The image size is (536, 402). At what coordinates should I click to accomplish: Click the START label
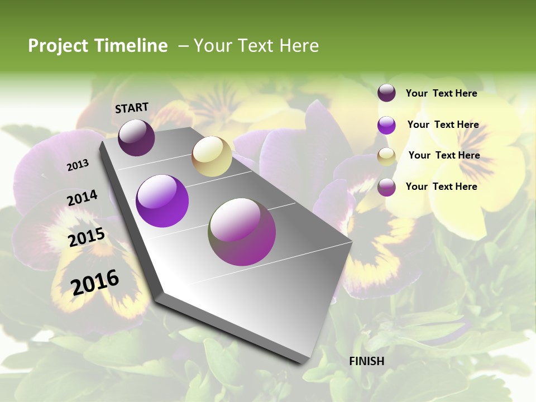pos(132,108)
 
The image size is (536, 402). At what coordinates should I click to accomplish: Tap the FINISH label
pos(367,361)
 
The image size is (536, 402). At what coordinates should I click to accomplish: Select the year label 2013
pos(78,165)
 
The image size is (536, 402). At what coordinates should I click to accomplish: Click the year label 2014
pos(83,198)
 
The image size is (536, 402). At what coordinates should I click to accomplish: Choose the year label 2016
pos(95,282)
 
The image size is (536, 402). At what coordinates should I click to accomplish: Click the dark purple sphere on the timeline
pos(136,137)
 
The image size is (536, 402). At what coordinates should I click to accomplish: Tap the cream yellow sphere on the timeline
pos(212,156)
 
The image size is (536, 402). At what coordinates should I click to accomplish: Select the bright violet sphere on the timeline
pos(162,201)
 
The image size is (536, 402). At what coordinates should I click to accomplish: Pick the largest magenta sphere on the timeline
pos(242,232)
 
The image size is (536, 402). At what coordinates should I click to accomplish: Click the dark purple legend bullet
pos(386,93)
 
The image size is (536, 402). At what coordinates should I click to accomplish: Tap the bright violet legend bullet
pos(386,125)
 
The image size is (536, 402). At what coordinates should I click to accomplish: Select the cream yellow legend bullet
pos(386,156)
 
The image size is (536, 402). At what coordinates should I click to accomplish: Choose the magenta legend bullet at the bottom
pos(386,187)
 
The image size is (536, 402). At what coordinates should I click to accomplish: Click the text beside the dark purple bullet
pos(441,93)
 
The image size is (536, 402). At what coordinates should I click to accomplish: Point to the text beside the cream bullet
pos(444,155)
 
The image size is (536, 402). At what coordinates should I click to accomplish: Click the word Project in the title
pos(59,46)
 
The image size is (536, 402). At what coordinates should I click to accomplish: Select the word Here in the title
pos(299,46)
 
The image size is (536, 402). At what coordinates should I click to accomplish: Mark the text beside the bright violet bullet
pos(443,125)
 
